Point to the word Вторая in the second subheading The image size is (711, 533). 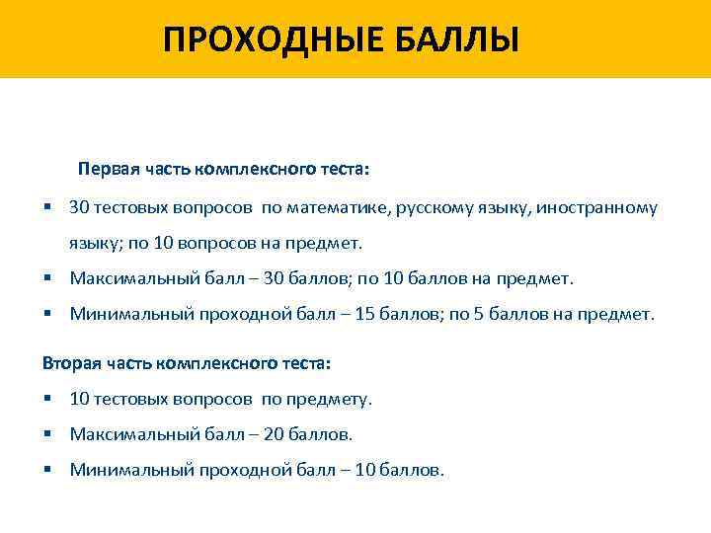point(70,363)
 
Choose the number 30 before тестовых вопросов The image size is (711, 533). point(80,208)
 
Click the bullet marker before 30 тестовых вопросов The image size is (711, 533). point(47,208)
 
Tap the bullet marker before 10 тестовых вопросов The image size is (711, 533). point(47,399)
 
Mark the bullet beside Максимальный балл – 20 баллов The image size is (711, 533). point(47,434)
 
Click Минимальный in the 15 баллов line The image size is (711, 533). point(127,314)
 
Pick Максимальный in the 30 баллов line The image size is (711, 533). point(131,278)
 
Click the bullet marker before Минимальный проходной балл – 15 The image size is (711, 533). point(47,314)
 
